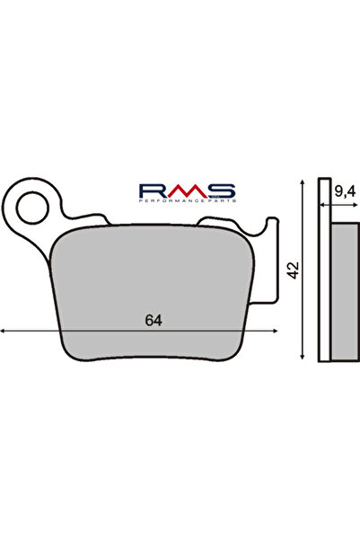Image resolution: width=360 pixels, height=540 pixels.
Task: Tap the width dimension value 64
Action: coord(154,321)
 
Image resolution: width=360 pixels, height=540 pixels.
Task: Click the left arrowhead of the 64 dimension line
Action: coord(4,332)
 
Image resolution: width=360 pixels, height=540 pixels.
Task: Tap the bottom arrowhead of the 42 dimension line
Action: coord(306,359)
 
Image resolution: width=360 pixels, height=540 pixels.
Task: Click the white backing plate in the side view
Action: coord(325,270)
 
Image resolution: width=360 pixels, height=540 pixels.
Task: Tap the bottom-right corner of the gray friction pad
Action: coord(239,354)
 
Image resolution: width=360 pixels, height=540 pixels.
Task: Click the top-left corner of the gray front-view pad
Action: coord(61,228)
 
